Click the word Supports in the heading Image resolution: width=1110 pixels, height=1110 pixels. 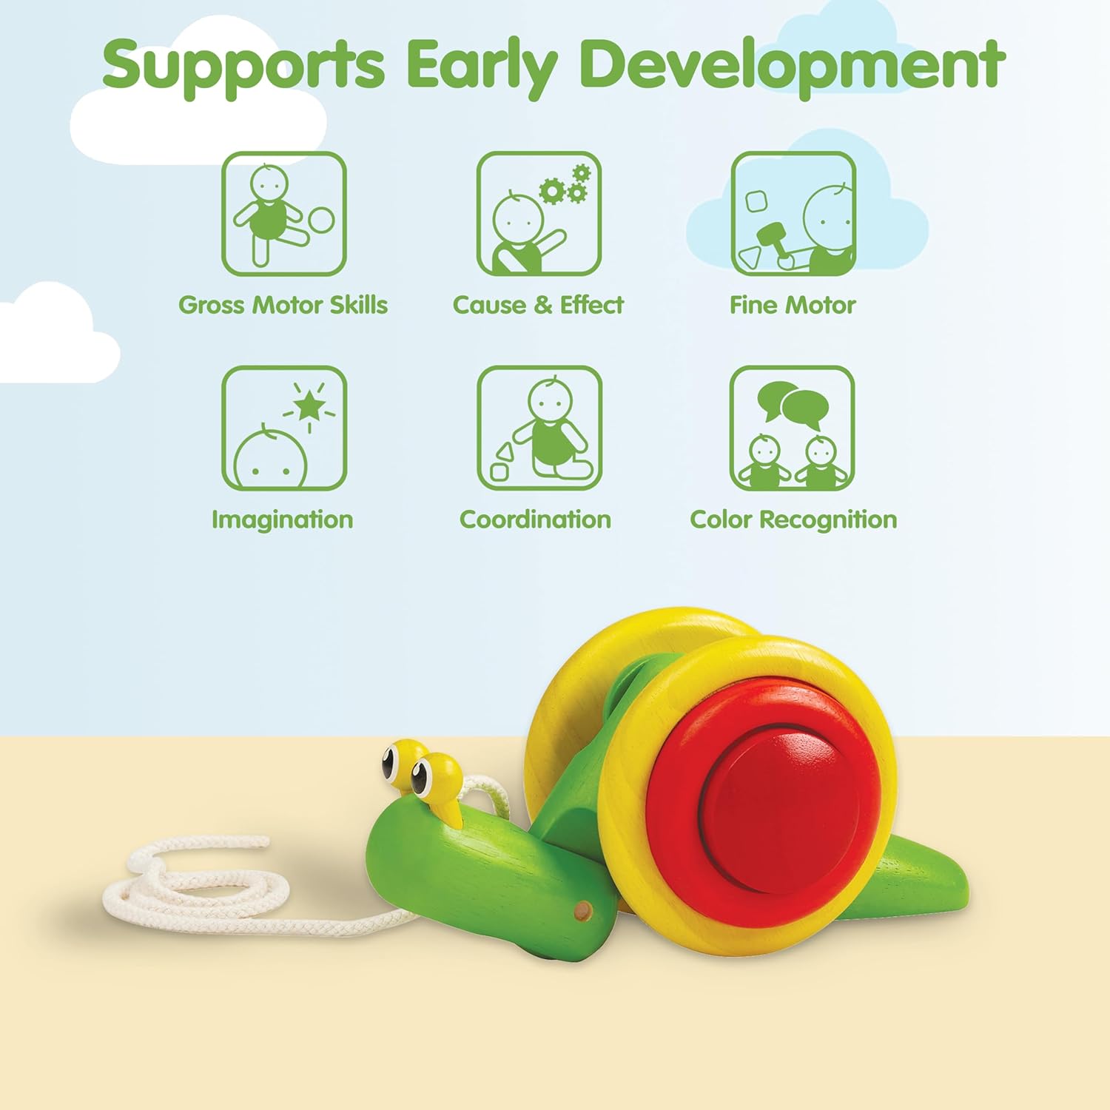coord(243,65)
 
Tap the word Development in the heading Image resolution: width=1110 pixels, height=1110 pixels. coord(792,65)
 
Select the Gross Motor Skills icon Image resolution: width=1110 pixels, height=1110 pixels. coord(284,214)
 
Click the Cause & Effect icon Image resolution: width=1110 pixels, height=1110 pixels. coord(539,214)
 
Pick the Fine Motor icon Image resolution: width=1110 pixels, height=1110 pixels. coord(793,214)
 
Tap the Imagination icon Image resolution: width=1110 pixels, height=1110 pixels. coord(284,428)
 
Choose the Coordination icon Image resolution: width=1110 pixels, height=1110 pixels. coord(539,428)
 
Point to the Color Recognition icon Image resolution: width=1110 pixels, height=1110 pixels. coord(793,428)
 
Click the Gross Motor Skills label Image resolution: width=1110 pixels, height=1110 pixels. coord(283,305)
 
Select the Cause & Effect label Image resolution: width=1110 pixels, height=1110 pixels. coord(539,305)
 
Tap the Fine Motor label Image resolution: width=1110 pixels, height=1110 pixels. coord(793,305)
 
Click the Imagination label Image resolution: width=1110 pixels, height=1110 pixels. coord(283,520)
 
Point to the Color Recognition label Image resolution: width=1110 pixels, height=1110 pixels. coord(793,520)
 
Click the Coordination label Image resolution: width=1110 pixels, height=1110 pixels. coord(536,519)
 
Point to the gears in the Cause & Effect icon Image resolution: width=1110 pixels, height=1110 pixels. coord(565,185)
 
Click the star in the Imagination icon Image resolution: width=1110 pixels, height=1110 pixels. coord(309,406)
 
